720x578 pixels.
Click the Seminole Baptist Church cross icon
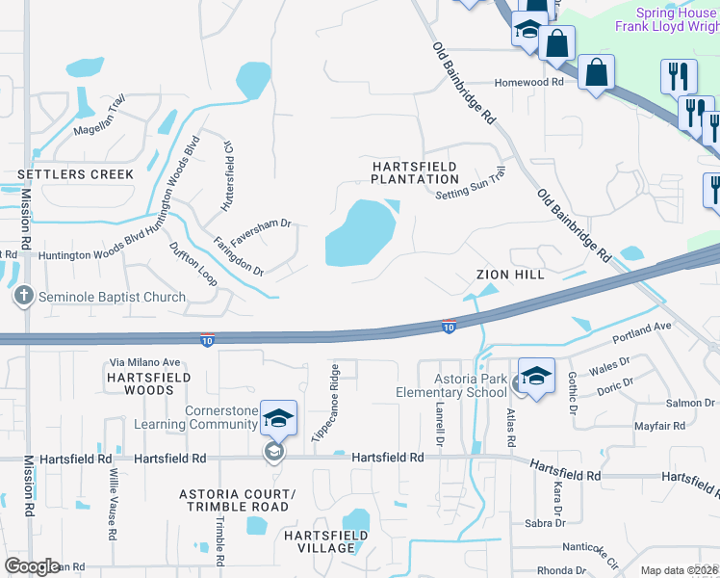tap(25, 297)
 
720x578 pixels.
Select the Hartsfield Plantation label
tap(415, 173)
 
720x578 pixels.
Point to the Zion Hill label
tap(510, 275)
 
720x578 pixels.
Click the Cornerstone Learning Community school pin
tap(278, 418)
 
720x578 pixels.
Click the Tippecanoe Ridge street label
tap(336, 405)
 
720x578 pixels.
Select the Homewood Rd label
tap(528, 83)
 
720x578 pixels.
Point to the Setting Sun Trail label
tap(471, 183)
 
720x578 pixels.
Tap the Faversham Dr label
tap(265, 223)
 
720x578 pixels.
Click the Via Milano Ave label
tap(145, 361)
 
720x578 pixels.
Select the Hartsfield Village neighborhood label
tap(326, 541)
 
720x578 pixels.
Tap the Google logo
tap(33, 565)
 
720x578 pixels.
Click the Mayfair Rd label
tap(658, 425)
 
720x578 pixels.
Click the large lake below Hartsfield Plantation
tap(360, 233)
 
